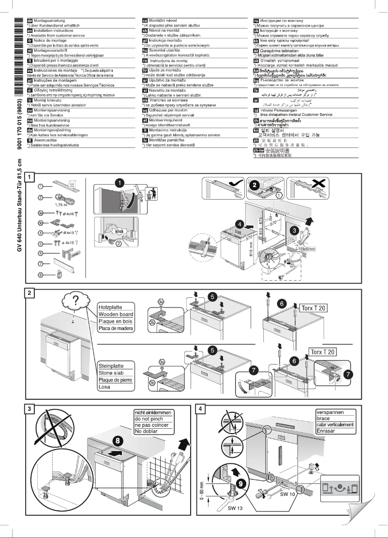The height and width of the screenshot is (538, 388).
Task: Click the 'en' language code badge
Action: (30, 29)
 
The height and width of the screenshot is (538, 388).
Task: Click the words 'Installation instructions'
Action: (52, 30)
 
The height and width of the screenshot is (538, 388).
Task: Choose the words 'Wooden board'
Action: (116, 314)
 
